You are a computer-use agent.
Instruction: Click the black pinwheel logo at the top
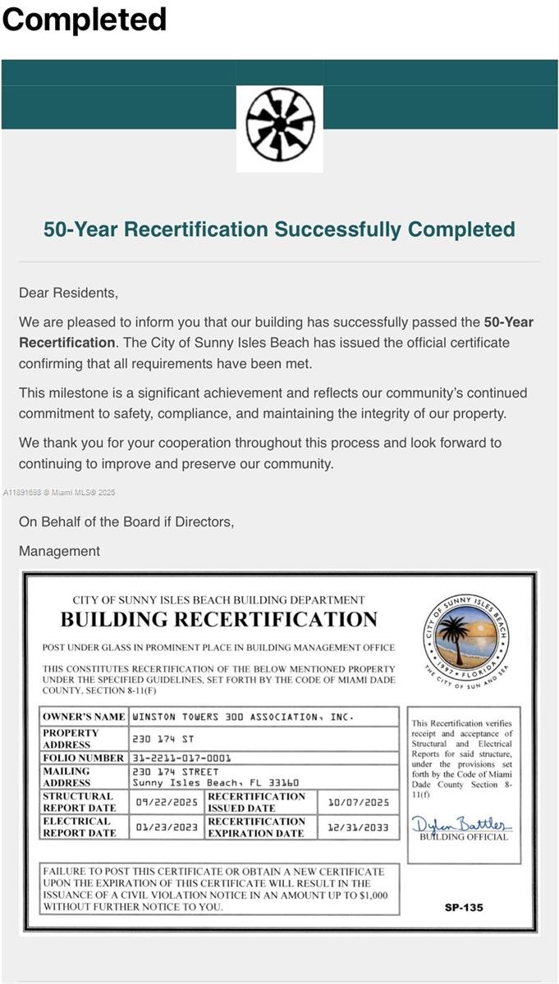279,127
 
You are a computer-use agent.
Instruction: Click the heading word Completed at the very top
85,19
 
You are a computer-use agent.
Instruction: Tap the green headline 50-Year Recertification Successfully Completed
279,229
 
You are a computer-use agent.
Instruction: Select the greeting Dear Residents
68,292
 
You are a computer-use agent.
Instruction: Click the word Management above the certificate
59,551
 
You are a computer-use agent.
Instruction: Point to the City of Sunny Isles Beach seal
465,635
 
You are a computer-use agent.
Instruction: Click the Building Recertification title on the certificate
218,620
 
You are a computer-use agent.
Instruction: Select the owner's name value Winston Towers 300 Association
243,717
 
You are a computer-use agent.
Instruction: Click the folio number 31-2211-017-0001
181,758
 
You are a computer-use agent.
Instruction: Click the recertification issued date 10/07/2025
358,802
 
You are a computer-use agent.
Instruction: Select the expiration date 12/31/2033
358,827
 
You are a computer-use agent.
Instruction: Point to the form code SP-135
464,908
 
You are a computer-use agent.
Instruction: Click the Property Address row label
71,738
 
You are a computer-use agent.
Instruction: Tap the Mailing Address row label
67,777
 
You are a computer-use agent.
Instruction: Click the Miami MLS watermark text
59,493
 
